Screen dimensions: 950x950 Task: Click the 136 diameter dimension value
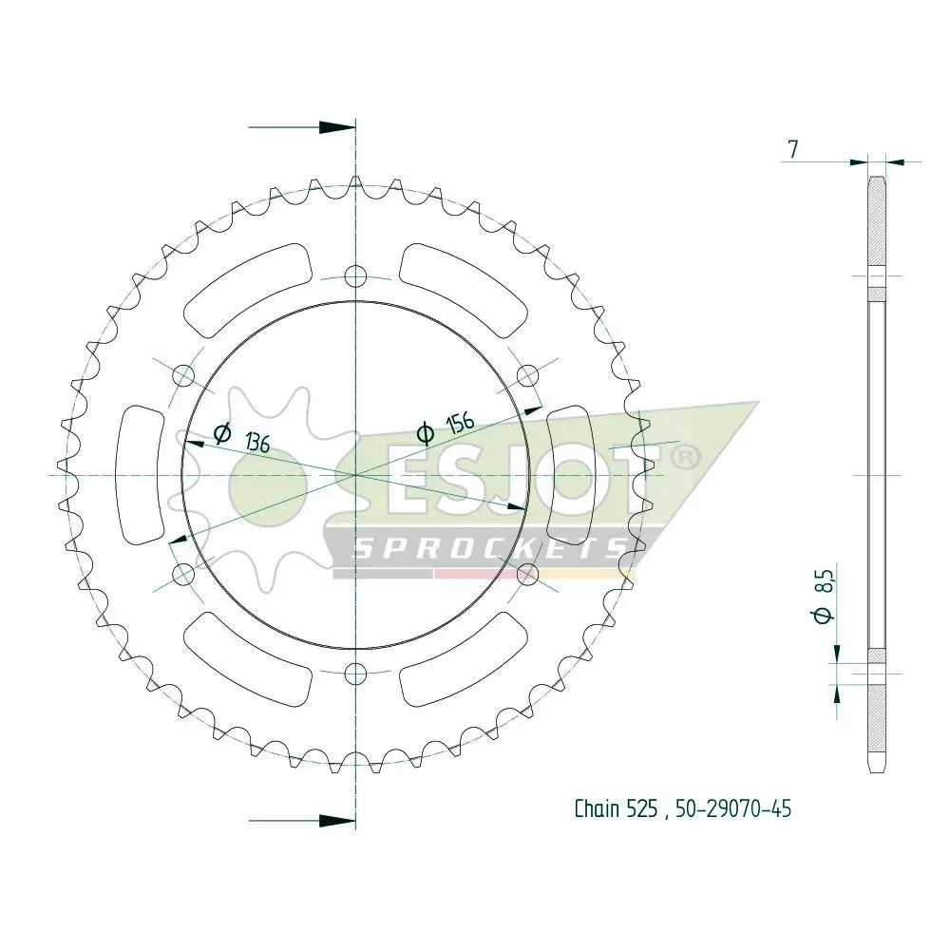click(x=257, y=443)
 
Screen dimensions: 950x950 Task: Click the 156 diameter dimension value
click(x=460, y=423)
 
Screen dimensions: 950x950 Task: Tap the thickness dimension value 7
click(x=793, y=148)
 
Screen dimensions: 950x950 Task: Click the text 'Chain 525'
click(x=616, y=808)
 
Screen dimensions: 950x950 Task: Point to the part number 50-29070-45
click(x=733, y=808)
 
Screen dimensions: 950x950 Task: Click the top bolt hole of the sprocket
click(x=355, y=277)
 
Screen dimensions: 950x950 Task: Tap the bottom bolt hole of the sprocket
click(x=355, y=672)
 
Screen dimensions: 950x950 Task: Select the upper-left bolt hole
click(x=184, y=376)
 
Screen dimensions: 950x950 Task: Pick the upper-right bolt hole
click(x=527, y=376)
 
